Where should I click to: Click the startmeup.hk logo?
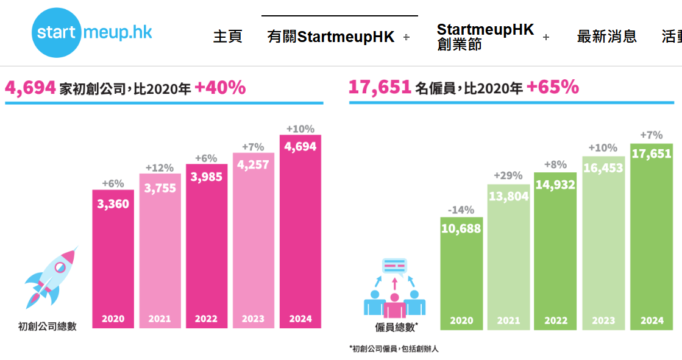(92, 32)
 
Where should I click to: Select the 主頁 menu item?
(227, 37)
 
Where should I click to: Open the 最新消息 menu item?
(606, 37)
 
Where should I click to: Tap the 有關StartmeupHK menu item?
(331, 37)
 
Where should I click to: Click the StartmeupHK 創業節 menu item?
(485, 37)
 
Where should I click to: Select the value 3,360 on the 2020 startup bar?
(113, 204)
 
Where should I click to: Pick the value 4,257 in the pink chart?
(254, 165)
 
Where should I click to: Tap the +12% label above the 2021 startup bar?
(160, 168)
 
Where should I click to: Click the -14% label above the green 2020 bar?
(461, 210)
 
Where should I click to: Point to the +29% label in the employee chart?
(508, 176)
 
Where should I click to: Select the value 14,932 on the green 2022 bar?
(555, 185)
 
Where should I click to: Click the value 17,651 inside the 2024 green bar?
(652, 154)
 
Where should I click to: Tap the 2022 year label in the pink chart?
(206, 319)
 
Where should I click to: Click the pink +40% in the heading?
(220, 88)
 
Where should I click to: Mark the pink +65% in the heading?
(553, 87)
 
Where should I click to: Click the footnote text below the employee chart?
(394, 349)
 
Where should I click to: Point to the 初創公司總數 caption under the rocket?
(48, 326)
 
